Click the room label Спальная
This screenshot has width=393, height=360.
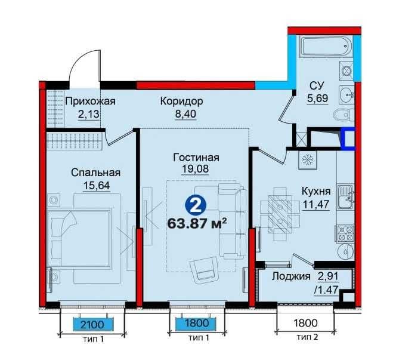point(95,173)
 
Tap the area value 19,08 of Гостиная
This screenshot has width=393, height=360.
point(195,169)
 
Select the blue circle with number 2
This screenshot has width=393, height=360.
point(196,205)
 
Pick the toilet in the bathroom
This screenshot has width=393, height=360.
point(344,116)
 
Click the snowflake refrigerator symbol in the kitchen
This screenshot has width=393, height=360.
point(307,160)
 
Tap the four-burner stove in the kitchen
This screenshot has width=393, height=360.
point(345,233)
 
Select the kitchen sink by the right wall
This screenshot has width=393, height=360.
point(346,196)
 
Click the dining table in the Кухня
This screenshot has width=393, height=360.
point(280,214)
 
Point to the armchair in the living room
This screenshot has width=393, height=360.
point(205,269)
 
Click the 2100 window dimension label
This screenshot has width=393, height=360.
point(92,324)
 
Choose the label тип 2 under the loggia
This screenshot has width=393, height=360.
point(307,337)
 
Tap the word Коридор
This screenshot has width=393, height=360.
point(182,101)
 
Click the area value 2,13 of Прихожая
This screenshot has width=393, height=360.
point(89,115)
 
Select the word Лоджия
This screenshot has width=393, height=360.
point(291,276)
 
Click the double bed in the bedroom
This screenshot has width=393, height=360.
point(80,238)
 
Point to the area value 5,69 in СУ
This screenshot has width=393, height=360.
point(317,98)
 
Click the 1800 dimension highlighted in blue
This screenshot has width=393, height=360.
point(196,323)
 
